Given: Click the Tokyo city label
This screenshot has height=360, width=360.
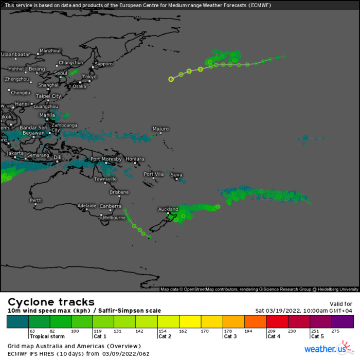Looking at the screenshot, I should (89, 77).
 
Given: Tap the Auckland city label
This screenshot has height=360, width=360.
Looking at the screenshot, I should (168, 209).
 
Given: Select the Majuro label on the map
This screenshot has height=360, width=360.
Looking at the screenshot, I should (160, 129).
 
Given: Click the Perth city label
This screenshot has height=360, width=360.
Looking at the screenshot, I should (35, 200).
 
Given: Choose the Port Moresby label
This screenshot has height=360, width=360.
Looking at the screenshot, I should (106, 159).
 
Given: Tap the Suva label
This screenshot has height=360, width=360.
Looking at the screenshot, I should (176, 174).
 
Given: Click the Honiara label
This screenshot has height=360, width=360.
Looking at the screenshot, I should (135, 159).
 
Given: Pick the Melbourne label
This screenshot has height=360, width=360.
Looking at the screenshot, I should (114, 218).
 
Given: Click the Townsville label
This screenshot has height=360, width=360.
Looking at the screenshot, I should (105, 179).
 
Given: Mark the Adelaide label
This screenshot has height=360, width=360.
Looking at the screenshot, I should (86, 206).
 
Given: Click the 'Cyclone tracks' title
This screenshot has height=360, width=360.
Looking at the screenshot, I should (51, 302).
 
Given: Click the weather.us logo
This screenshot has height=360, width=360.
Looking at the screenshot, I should (326, 349).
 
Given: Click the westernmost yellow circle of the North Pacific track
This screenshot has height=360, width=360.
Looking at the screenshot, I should (171, 79).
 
